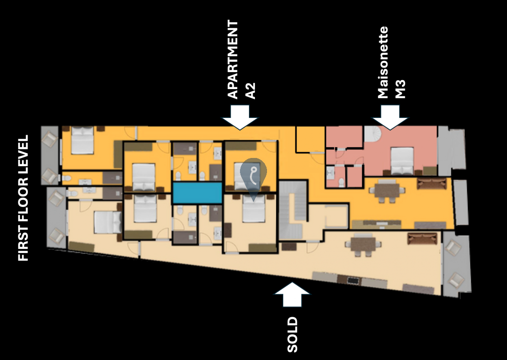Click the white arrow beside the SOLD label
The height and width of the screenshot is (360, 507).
(292, 294)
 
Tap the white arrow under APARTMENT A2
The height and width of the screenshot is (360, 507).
(240, 117)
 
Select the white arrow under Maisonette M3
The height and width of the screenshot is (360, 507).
(390, 117)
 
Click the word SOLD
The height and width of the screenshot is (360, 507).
(292, 334)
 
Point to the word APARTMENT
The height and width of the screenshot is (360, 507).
(233, 59)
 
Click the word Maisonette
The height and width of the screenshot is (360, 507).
(383, 63)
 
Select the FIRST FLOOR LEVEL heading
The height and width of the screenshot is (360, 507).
(23, 198)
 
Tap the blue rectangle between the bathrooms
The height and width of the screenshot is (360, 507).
(197, 193)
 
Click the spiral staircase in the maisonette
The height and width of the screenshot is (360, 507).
(373, 134)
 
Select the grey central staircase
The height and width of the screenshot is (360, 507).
(293, 210)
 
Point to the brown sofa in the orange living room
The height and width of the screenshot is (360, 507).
(429, 184)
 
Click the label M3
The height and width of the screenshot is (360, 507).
(400, 89)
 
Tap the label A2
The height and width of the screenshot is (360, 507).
(250, 91)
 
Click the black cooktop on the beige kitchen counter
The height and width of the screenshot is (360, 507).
(353, 280)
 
